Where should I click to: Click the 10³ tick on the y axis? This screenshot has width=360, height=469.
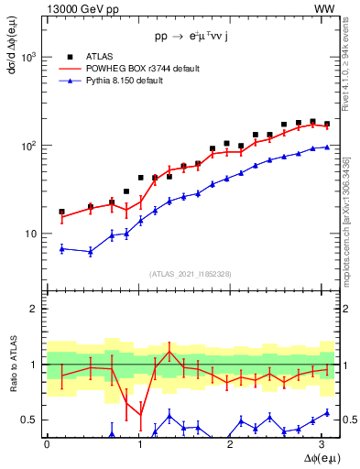(30, 57)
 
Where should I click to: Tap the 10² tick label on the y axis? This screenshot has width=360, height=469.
(30, 146)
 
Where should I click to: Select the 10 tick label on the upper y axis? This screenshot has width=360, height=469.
(33, 234)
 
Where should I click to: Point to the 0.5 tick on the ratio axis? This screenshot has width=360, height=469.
(33, 420)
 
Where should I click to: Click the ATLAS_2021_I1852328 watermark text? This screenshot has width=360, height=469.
(191, 274)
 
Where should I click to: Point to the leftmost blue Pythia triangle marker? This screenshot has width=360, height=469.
(61, 248)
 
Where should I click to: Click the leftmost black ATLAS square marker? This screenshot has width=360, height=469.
(61, 212)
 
